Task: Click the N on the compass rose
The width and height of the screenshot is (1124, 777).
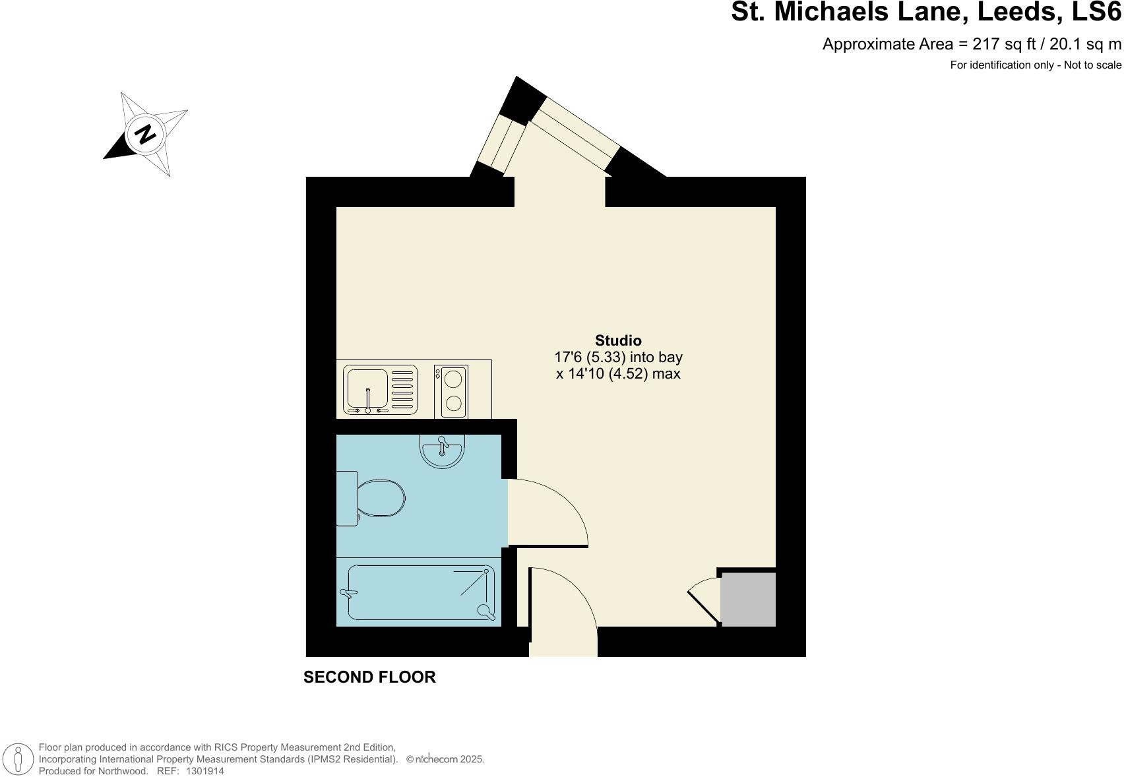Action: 145,134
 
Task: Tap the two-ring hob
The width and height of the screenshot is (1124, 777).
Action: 451,391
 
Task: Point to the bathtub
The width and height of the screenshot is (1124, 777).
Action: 421,592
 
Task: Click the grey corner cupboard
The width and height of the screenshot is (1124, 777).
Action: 747,599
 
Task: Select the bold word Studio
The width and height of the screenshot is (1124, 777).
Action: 618,340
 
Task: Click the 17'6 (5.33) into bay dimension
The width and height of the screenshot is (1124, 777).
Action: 618,357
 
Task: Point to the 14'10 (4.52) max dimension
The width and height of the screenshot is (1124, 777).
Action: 618,374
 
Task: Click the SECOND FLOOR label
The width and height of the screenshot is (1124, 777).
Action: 369,677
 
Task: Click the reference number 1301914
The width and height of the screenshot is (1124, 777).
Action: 205,770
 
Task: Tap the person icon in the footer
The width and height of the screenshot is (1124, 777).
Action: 18,759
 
